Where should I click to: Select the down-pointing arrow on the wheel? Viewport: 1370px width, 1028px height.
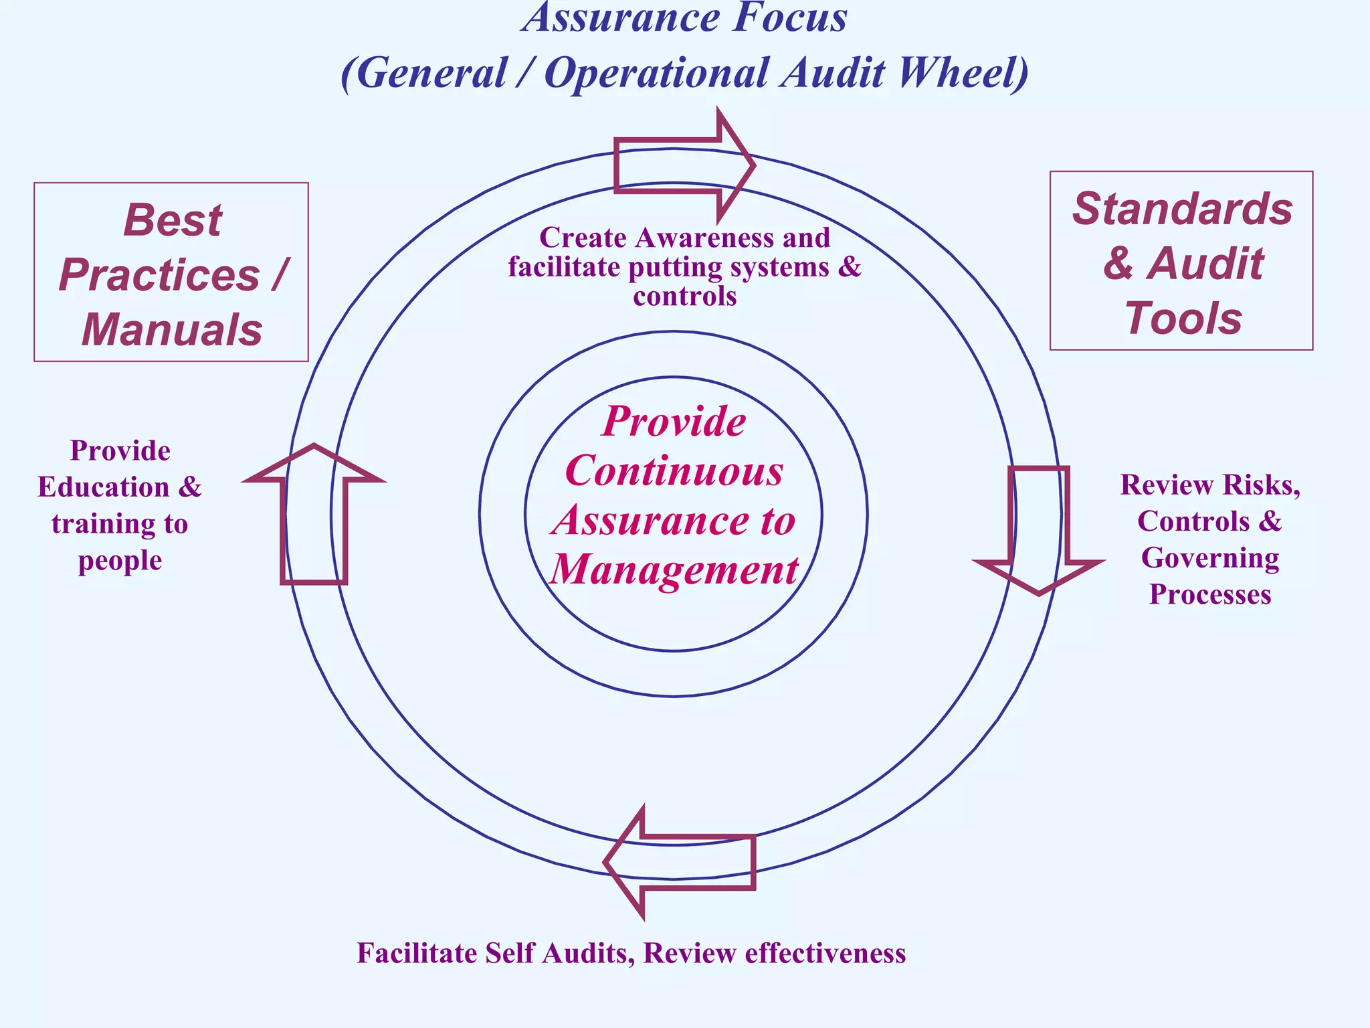(1038, 529)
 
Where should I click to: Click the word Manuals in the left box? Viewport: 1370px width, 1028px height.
(172, 330)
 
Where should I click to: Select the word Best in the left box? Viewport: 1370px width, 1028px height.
(173, 220)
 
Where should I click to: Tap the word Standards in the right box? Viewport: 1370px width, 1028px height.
(1182, 209)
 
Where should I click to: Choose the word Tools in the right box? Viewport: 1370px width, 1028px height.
(1183, 319)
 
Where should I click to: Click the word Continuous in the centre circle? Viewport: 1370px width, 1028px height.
(674, 470)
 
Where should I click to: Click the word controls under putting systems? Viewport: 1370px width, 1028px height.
(684, 296)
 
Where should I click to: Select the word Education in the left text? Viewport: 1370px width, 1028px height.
(104, 487)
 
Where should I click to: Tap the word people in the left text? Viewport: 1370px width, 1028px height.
(120, 561)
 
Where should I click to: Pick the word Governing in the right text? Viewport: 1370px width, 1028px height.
(1209, 558)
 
